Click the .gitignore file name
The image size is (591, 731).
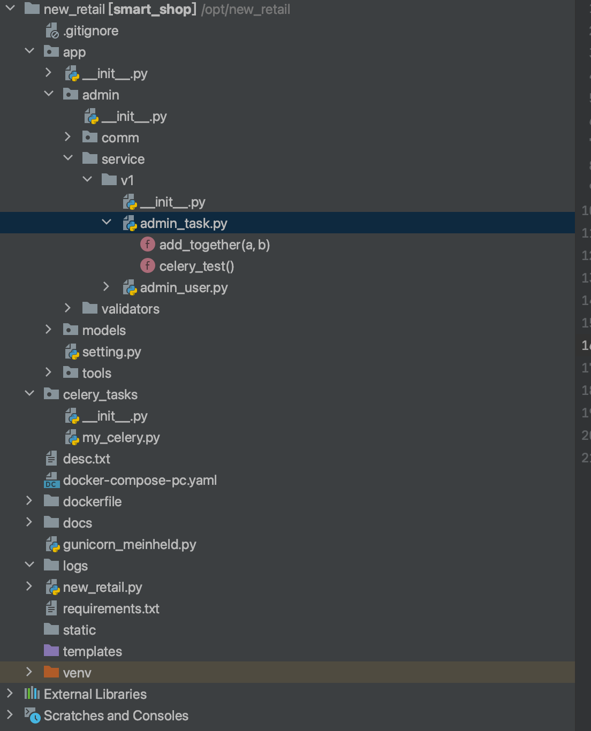(90, 31)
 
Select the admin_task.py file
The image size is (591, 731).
(184, 223)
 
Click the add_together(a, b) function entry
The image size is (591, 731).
(214, 245)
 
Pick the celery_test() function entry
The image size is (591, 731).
(196, 266)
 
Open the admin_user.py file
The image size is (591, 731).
(184, 288)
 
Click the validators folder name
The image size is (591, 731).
(130, 309)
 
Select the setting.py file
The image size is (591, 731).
(111, 352)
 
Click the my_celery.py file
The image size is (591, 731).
(121, 438)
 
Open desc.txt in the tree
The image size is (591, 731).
(86, 459)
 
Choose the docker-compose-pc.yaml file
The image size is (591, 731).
(140, 481)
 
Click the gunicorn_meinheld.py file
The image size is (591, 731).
(130, 545)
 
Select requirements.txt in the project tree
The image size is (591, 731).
(111, 609)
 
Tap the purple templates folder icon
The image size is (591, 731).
(51, 651)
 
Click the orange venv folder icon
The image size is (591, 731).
(51, 672)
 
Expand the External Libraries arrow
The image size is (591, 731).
(10, 694)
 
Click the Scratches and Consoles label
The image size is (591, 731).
(116, 716)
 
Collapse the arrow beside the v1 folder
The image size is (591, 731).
(87, 180)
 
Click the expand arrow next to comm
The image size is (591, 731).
(67, 137)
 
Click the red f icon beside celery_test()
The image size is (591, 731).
(147, 266)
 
